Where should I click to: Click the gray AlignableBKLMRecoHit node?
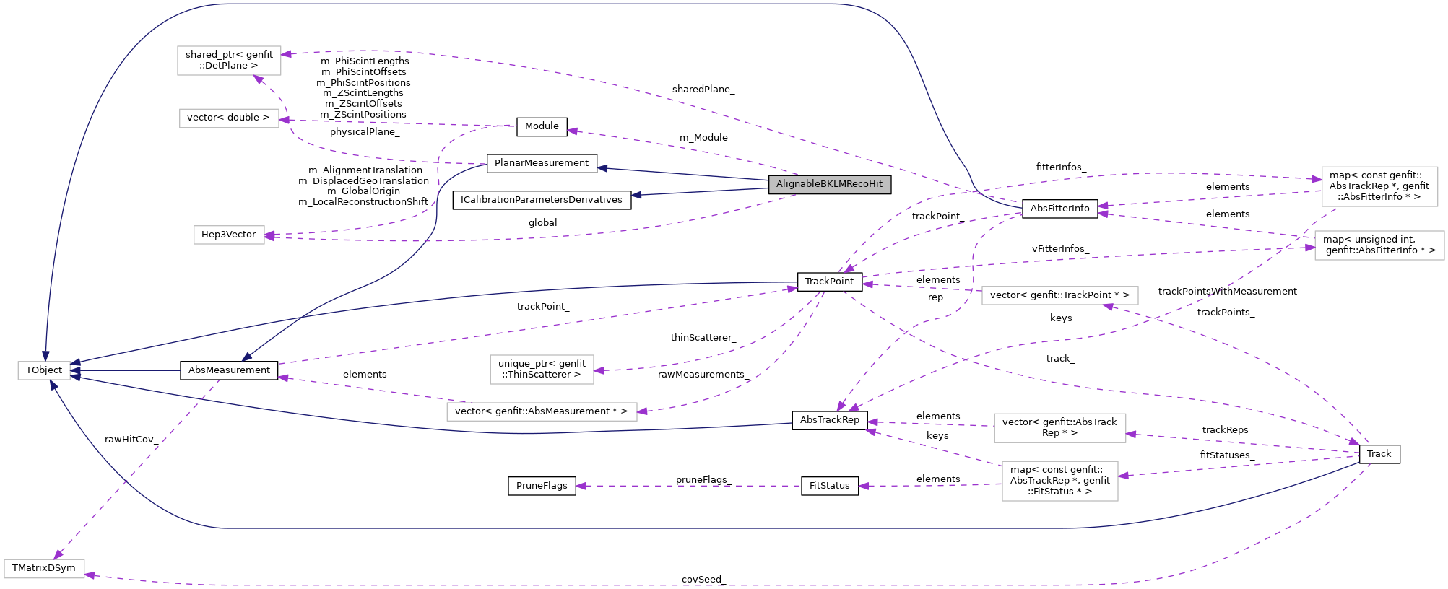tap(829, 184)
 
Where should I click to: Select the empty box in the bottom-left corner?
tap(44, 569)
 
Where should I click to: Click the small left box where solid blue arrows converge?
tap(44, 370)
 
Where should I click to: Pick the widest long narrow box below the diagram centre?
tap(542, 411)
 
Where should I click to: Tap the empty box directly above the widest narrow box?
tap(542, 370)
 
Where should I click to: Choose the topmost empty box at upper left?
tap(229, 61)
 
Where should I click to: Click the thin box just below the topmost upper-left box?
tap(229, 118)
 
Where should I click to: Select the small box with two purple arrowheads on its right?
tap(229, 235)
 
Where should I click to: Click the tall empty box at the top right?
tap(1379, 186)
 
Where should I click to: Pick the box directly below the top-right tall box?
tap(1379, 245)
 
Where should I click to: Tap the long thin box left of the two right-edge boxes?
tap(1059, 295)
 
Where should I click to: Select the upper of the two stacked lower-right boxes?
tap(1059, 428)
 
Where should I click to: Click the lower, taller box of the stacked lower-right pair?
tap(1059, 481)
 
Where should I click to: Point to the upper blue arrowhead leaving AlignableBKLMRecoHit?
tap(602, 168)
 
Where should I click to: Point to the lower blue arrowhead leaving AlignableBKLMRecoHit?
tap(636, 195)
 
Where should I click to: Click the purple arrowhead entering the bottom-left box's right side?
tap(90, 575)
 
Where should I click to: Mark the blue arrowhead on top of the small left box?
tap(45, 357)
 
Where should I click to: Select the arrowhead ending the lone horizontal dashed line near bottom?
tap(580, 486)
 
